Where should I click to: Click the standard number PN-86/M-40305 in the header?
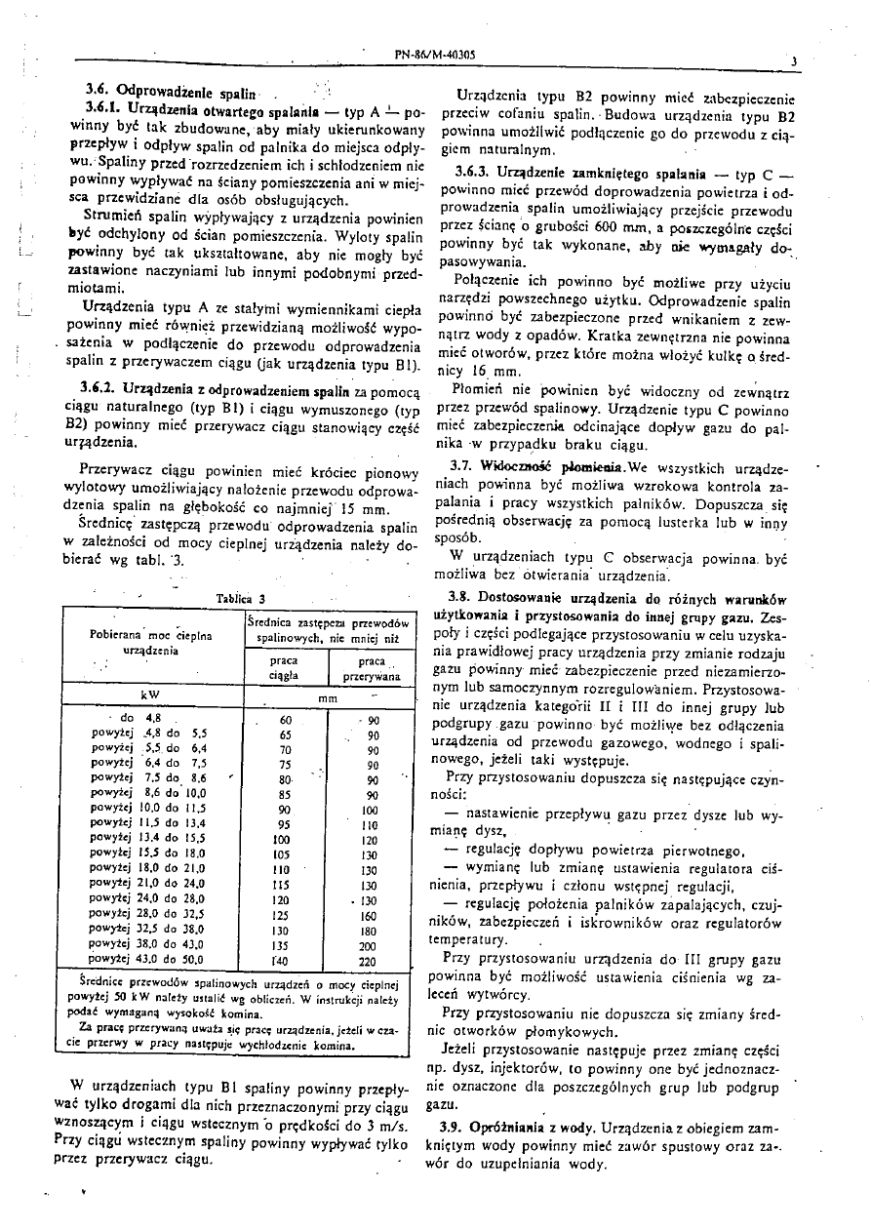click(434, 56)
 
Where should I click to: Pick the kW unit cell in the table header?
click(149, 695)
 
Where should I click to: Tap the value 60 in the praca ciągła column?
click(285, 720)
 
